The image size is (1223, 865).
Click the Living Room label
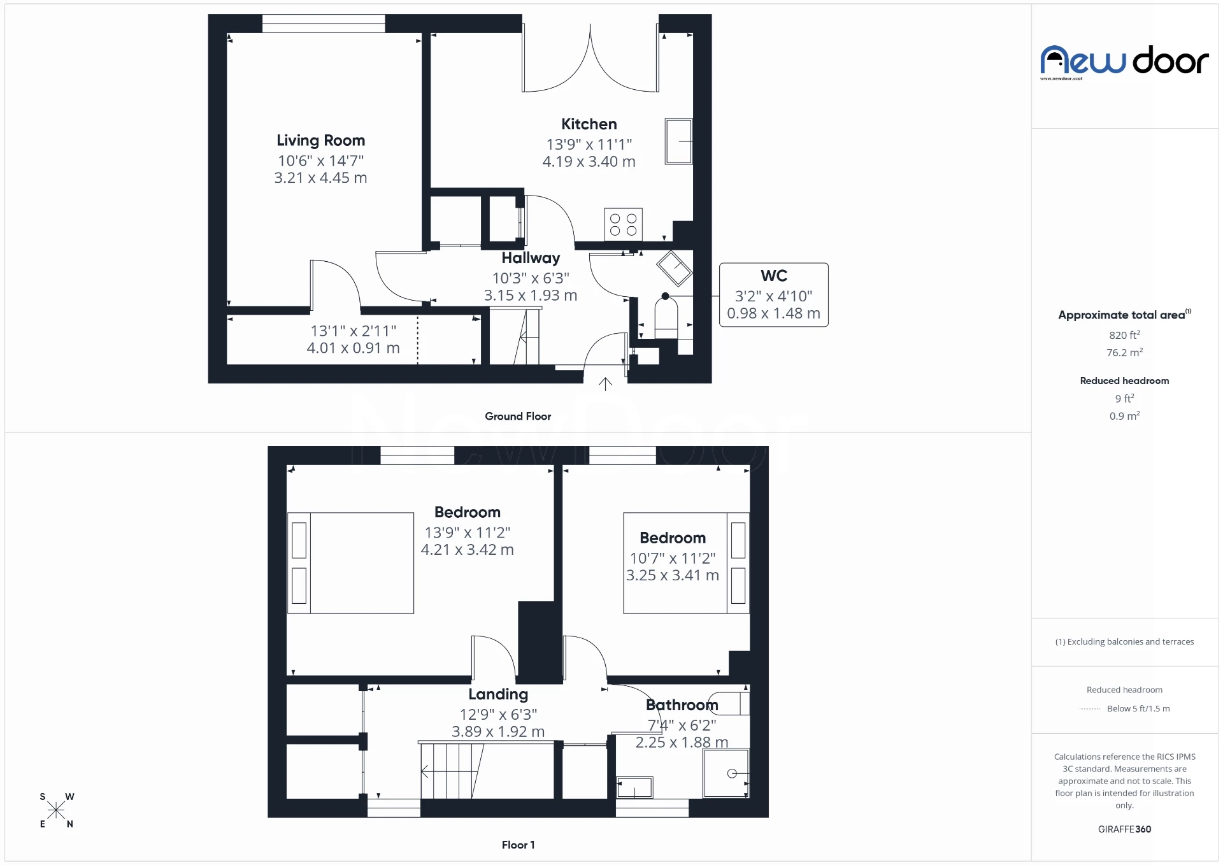pyautogui.click(x=320, y=140)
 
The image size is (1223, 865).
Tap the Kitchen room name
pyautogui.click(x=589, y=124)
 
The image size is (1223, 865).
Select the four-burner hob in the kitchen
pyautogui.click(x=623, y=224)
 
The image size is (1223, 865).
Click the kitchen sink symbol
pyautogui.click(x=678, y=141)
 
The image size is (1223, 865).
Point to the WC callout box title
pyautogui.click(x=773, y=276)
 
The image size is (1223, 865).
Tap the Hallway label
pyautogui.click(x=531, y=258)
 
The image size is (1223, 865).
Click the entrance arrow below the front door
pyautogui.click(x=605, y=383)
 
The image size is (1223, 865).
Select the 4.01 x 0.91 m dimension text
pyautogui.click(x=353, y=348)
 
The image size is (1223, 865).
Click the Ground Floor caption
pyautogui.click(x=518, y=416)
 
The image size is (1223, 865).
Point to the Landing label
pyautogui.click(x=498, y=694)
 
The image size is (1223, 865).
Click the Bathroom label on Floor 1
pyautogui.click(x=682, y=705)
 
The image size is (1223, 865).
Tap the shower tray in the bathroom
pyautogui.click(x=726, y=773)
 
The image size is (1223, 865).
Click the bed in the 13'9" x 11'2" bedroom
pyautogui.click(x=351, y=563)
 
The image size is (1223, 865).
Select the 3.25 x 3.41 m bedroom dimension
pyautogui.click(x=672, y=575)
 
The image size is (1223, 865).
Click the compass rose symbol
pyautogui.click(x=56, y=810)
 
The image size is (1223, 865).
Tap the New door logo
pyautogui.click(x=1124, y=62)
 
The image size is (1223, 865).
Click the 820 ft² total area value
pyautogui.click(x=1124, y=335)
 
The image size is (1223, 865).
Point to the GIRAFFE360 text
pyautogui.click(x=1124, y=829)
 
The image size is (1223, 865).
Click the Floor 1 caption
pyautogui.click(x=518, y=845)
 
